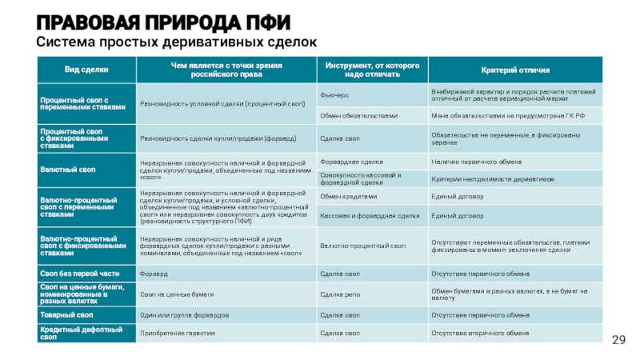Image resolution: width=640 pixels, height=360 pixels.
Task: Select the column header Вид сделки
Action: [85, 70]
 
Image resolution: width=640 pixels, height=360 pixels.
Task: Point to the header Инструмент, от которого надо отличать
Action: [372, 70]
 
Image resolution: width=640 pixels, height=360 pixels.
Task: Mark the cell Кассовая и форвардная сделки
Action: [370, 216]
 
